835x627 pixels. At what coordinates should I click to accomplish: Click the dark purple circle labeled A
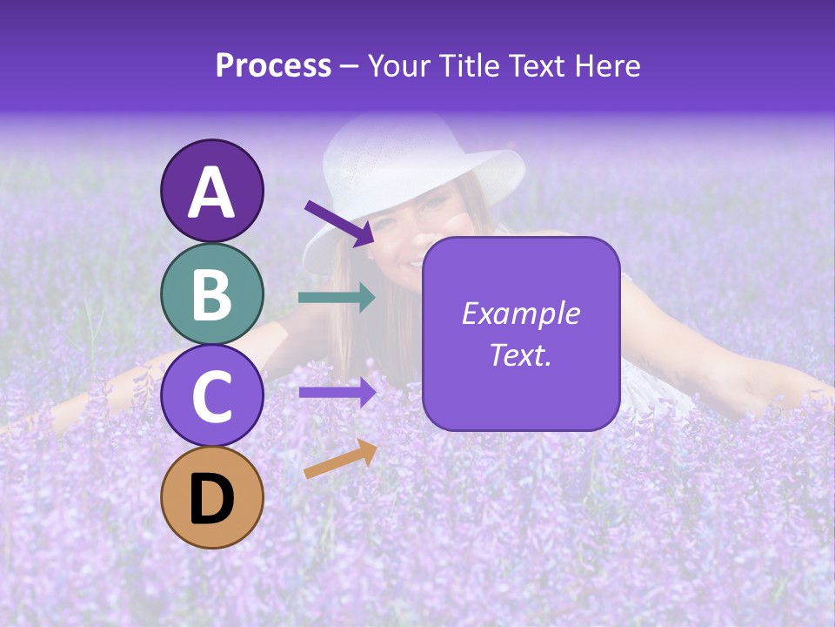click(x=211, y=191)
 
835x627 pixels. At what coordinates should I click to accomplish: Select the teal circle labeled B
click(x=211, y=293)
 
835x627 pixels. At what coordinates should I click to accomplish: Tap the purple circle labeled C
click(x=211, y=395)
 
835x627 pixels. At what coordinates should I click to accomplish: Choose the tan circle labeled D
click(x=211, y=497)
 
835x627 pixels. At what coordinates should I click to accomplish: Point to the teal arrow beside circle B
click(x=337, y=298)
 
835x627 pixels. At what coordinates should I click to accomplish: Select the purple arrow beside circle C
click(x=337, y=392)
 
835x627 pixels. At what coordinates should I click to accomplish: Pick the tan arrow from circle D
click(x=340, y=459)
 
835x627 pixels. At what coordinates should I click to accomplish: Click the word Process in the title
click(x=273, y=66)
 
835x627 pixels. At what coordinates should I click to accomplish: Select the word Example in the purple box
click(x=520, y=313)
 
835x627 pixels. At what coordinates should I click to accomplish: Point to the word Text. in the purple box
click(x=520, y=354)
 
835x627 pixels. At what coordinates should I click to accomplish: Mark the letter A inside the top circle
click(x=211, y=192)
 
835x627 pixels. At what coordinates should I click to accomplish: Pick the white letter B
click(x=211, y=294)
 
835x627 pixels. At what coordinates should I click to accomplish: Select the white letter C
click(x=211, y=396)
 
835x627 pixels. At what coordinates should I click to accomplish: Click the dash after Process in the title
click(x=350, y=67)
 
